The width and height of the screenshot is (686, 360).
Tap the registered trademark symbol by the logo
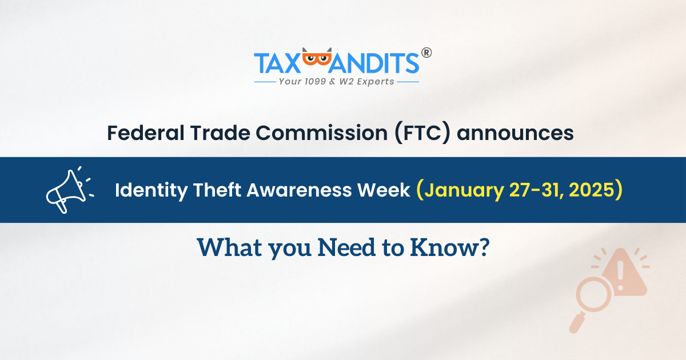pyautogui.click(x=426, y=53)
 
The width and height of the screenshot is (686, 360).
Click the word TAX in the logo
pyautogui.click(x=277, y=63)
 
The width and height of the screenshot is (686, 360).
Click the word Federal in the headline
pyautogui.click(x=146, y=133)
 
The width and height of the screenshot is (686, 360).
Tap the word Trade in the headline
pyautogui.click(x=220, y=133)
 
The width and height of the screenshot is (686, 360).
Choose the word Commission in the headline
pyautogui.click(x=321, y=133)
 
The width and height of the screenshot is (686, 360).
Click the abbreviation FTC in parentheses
pyautogui.click(x=422, y=133)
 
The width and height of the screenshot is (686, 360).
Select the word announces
pyautogui.click(x=515, y=134)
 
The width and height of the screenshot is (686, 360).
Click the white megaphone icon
pyautogui.click(x=70, y=190)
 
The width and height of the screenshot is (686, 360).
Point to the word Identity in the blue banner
pyautogui.click(x=151, y=190)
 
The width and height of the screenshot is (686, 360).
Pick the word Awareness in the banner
pyautogui.click(x=299, y=190)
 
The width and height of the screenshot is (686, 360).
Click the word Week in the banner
pyautogui.click(x=384, y=190)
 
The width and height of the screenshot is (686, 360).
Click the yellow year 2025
pyautogui.click(x=592, y=190)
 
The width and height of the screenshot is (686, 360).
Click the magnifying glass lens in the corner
pyautogui.click(x=593, y=294)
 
